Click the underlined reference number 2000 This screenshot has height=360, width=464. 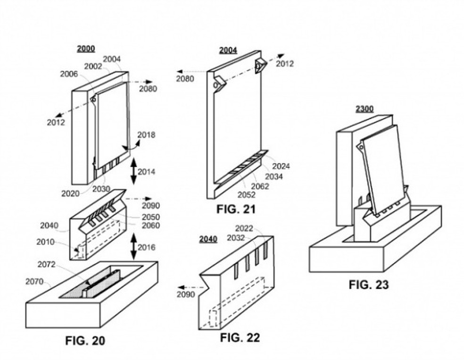tap(86, 49)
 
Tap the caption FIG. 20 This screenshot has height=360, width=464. tap(85, 340)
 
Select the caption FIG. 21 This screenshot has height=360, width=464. tap(236, 209)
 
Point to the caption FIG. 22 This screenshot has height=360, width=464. tap(240, 337)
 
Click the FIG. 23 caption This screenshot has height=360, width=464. tap(369, 285)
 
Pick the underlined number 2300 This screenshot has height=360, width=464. tap(365, 109)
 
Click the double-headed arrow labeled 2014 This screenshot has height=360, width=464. tap(133, 172)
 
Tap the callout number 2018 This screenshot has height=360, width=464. tap(146, 135)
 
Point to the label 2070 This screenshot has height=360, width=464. tap(34, 282)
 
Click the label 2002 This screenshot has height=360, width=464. tap(93, 67)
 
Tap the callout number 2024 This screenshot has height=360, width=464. tap(281, 166)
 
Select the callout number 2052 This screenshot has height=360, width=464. tap(246, 194)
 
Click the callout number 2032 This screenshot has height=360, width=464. tap(236, 238)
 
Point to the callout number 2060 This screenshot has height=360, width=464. tap(150, 226)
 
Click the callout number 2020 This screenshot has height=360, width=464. tap(71, 193)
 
